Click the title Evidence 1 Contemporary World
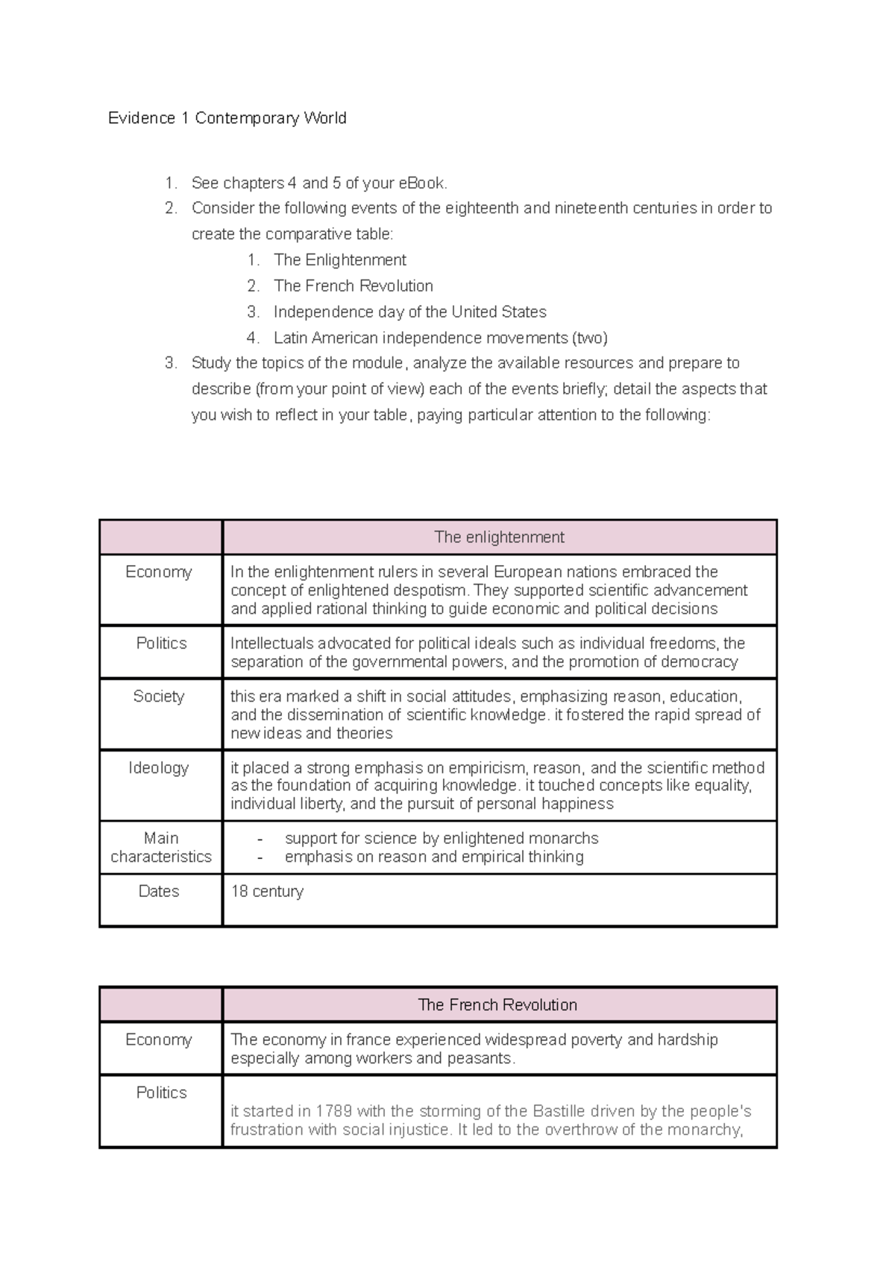point(227,118)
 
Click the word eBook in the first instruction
point(421,183)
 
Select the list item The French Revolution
point(353,286)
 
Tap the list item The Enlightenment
point(339,260)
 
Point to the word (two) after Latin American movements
point(589,338)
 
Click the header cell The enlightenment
point(499,537)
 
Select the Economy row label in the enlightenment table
point(159,572)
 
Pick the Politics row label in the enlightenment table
point(161,643)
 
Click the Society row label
point(159,696)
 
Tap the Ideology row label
point(159,767)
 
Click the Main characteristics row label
point(161,847)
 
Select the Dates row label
point(159,891)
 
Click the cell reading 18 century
point(267,891)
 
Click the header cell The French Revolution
point(497,1004)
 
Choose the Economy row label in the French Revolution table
point(159,1039)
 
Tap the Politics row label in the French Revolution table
point(161,1092)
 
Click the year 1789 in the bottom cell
point(333,1111)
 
